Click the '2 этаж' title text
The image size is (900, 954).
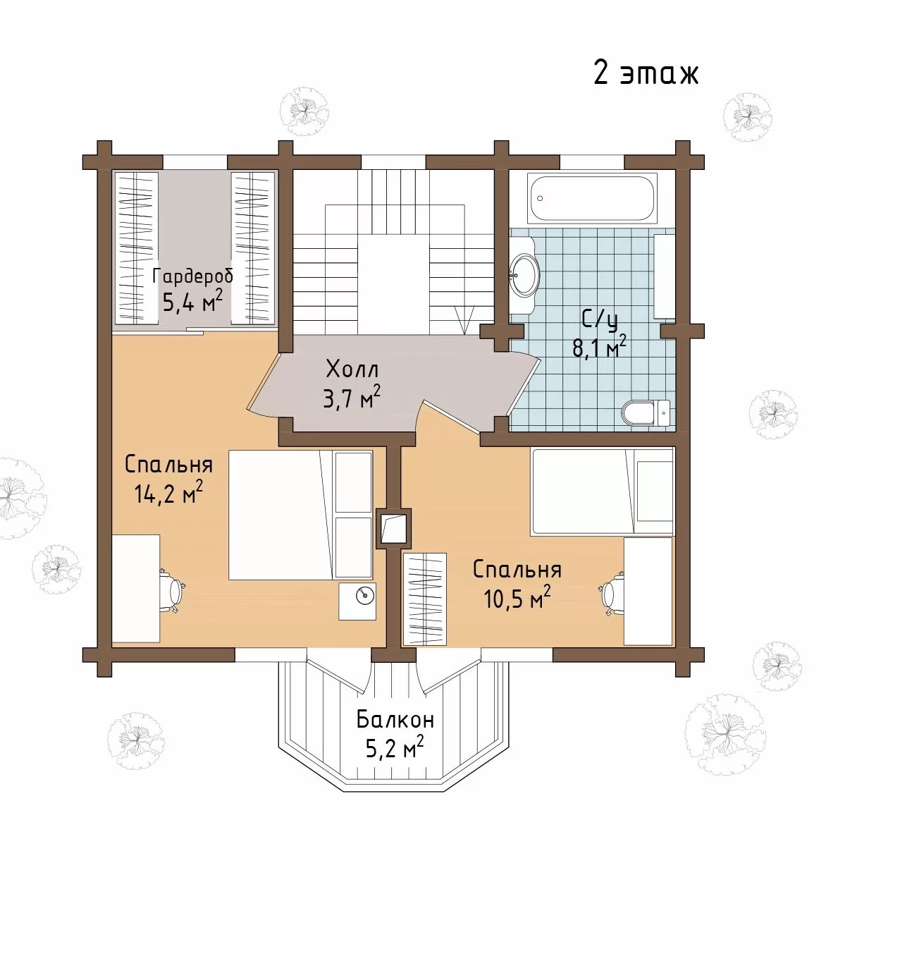pos(646,73)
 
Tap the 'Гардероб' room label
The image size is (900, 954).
pos(192,276)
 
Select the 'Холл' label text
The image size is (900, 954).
pos(352,369)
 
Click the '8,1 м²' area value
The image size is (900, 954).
pos(599,346)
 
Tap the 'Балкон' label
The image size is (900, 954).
pos(395,719)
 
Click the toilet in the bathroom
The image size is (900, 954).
pos(645,412)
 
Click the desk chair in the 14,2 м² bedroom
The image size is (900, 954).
pos(172,590)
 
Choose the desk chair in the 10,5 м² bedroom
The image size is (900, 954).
pos(612,594)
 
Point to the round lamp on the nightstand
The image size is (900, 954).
pos(365,596)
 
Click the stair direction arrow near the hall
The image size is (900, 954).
pos(464,320)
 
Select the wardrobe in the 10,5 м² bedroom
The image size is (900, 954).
pos(424,599)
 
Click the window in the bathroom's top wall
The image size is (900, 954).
pos(592,162)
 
